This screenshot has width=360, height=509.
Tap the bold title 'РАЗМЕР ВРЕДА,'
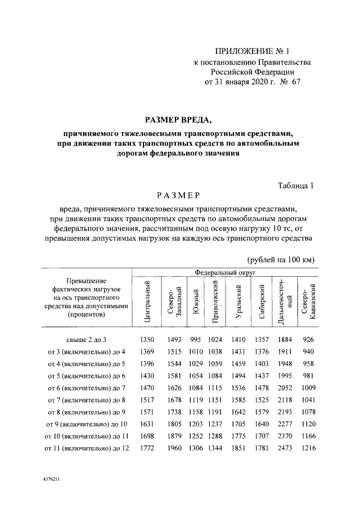[179, 120]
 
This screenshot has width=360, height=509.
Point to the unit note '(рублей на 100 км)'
[281, 259]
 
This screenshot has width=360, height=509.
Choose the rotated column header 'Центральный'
[146, 301]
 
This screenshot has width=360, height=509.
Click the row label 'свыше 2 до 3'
[82, 340]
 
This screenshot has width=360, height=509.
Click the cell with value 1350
[146, 340]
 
